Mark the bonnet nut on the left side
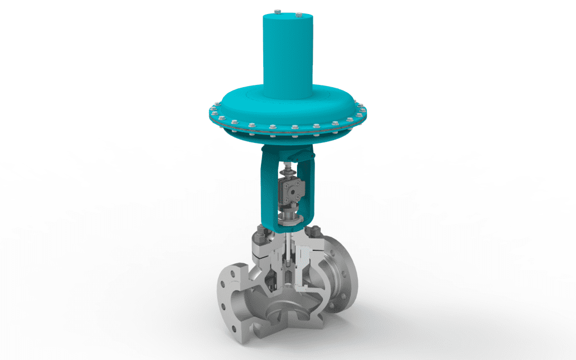[260, 231]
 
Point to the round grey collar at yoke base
[288, 214]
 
